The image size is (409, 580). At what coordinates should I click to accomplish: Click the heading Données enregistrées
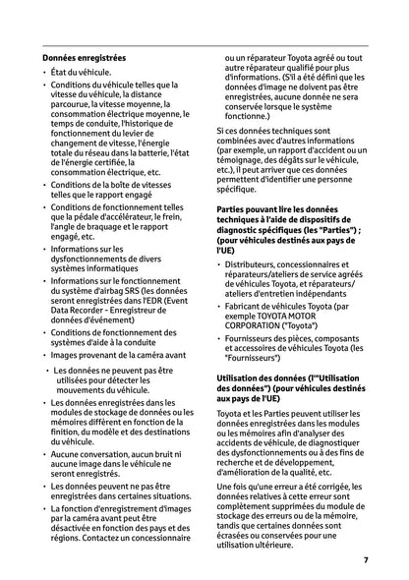89,58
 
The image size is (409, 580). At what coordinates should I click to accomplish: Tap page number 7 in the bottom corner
366,559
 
